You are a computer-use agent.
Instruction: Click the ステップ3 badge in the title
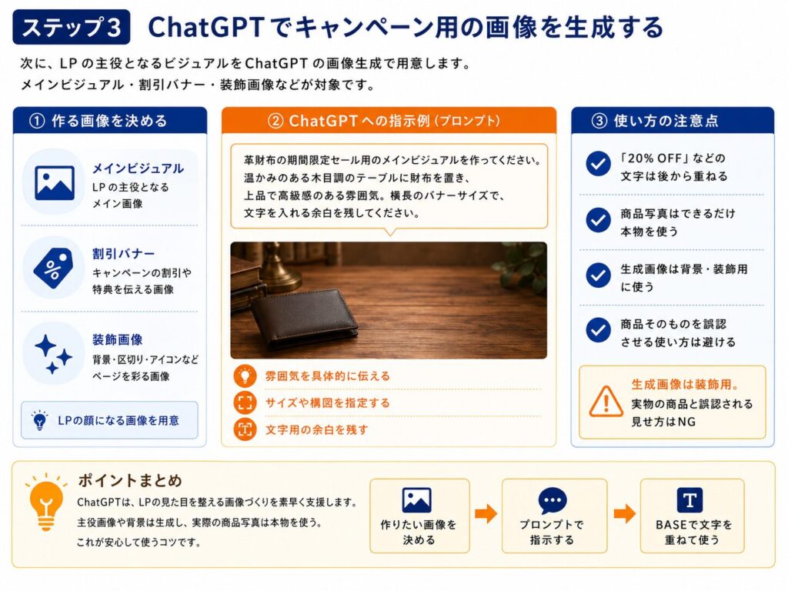tap(71, 27)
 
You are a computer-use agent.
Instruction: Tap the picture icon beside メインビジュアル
tap(55, 183)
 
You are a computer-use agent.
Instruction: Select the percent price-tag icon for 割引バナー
tap(53, 268)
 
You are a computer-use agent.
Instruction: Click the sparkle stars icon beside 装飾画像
tap(53, 354)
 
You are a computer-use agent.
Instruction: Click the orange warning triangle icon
tap(606, 402)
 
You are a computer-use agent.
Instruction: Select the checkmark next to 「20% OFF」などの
tap(598, 164)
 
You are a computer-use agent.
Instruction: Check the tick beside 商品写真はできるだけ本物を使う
tap(598, 220)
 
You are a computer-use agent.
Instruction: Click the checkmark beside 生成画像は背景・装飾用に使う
tap(598, 275)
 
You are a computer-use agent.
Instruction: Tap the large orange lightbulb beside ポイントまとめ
tap(45, 503)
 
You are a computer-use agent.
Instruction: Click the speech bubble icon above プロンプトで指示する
tap(553, 500)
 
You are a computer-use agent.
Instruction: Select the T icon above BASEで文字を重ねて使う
tap(689, 500)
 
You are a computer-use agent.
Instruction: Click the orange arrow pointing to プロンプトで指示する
tap(486, 513)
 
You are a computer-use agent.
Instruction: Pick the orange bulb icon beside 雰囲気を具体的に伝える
tap(245, 376)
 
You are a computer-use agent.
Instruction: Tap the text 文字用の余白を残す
tap(316, 429)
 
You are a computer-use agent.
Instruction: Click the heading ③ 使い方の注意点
tap(655, 121)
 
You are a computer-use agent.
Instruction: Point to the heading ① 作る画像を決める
tap(98, 121)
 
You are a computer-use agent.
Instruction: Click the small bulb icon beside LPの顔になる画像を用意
tap(39, 420)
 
